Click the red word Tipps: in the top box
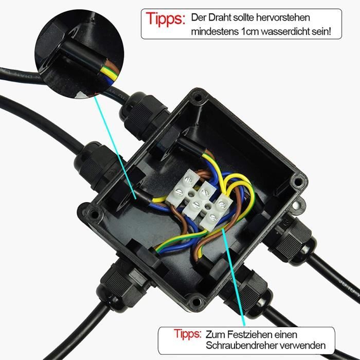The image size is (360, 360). [x=165, y=19]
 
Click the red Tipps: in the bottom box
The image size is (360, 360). [x=187, y=334]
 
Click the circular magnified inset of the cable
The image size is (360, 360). [x=79, y=54]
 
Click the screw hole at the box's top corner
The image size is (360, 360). [x=197, y=97]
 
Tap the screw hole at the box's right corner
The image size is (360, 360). [x=298, y=182]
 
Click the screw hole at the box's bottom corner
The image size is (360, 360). [x=195, y=301]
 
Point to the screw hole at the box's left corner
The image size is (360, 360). [x=94, y=214]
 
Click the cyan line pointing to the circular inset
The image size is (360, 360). [x=115, y=148]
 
